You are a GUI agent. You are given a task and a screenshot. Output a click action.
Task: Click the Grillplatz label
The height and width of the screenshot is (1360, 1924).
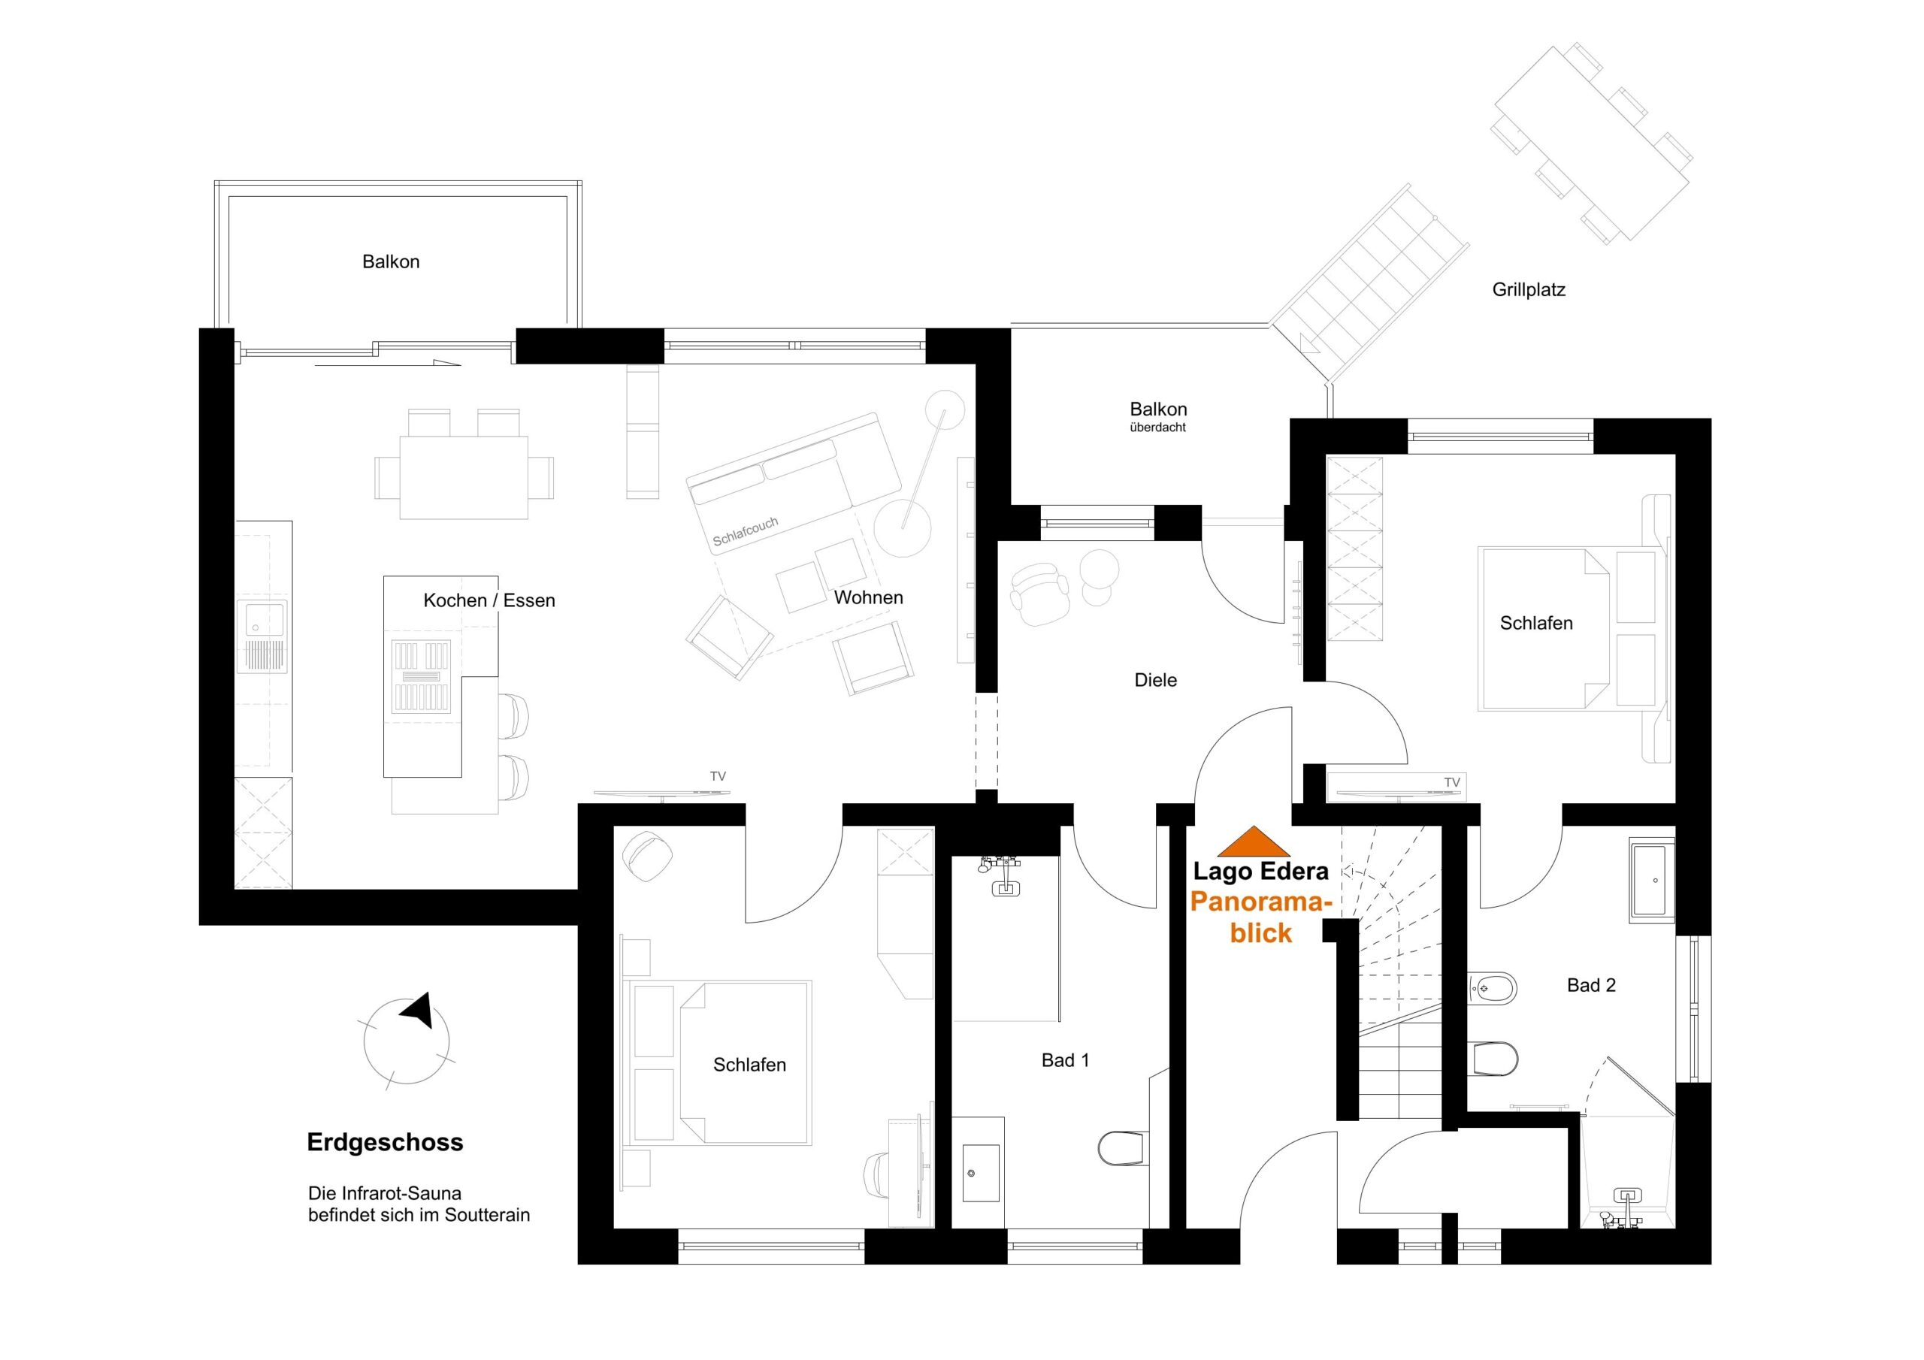[x=1529, y=290]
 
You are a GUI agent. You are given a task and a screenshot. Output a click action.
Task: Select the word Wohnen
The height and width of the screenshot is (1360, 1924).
[x=868, y=597]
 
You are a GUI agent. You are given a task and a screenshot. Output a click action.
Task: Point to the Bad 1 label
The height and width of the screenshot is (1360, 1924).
[x=1065, y=1060]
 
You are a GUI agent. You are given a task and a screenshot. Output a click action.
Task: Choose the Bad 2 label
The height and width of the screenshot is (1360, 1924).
[x=1590, y=985]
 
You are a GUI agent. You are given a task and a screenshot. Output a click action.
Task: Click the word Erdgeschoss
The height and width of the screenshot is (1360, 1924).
[x=385, y=1142]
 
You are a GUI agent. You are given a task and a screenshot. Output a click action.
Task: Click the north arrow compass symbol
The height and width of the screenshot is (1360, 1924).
[x=407, y=1040]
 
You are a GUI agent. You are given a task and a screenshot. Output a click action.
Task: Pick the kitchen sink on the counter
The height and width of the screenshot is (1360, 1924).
[x=262, y=636]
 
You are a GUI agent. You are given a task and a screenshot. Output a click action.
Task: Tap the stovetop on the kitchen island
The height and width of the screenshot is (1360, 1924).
[x=421, y=675]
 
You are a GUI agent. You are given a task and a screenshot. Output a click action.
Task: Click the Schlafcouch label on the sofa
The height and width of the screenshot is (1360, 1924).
[x=745, y=532]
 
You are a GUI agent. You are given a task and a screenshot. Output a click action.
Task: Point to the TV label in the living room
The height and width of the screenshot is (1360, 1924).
[x=717, y=776]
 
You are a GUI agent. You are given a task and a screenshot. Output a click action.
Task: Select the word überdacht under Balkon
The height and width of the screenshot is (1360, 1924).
[x=1157, y=428]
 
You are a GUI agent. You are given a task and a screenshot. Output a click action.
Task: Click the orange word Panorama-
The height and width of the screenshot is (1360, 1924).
[x=1261, y=902]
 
